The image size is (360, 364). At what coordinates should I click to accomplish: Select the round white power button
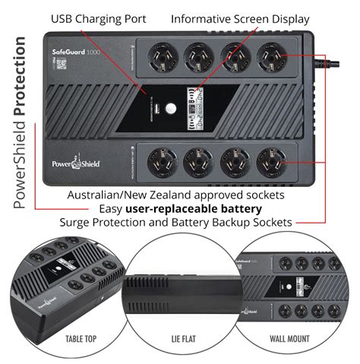172,108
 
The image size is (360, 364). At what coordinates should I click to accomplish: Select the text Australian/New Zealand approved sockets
176,195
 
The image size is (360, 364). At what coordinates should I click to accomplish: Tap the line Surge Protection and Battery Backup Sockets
176,222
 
